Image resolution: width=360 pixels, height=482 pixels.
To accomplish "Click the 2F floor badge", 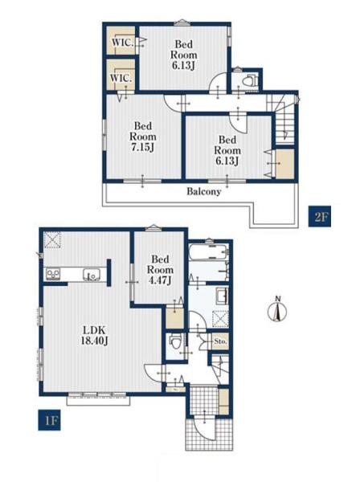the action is coord(319,216).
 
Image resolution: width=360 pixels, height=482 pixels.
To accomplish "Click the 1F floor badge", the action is coord(49,420).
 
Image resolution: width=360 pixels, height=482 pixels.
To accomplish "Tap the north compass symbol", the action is coord(277,310).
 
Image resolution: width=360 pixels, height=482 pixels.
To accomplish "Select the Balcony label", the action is coord(204,192).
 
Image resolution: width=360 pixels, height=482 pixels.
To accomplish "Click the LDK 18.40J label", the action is coord(95,335).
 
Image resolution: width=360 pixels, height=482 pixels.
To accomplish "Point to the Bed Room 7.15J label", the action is coord(143,137).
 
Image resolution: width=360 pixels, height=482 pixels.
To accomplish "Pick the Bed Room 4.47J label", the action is coord(160,270).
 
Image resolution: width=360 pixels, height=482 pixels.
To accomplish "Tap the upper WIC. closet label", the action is coord(122,42).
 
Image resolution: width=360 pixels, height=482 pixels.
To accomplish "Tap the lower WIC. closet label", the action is coord(121,78).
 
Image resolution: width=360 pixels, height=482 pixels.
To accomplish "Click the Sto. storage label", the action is coord(220,341).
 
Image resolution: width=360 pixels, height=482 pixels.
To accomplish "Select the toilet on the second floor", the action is coord(250,81).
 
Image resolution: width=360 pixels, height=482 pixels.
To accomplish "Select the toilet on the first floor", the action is coord(176,342).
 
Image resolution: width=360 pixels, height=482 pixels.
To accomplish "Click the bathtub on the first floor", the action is coord(208,252).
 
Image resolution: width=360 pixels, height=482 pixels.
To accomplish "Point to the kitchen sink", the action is coord(92,274).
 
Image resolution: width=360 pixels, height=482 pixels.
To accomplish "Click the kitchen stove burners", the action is coord(53,274).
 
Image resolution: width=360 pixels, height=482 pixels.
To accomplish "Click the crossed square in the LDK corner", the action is coord(52,239).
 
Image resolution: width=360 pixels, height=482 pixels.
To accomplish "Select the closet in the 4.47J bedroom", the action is coord(174,317).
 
